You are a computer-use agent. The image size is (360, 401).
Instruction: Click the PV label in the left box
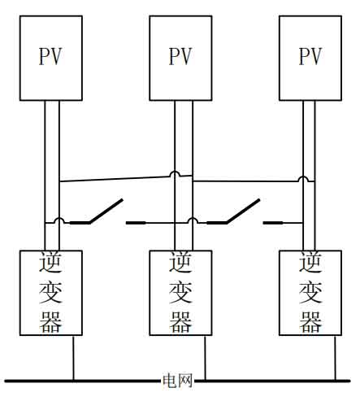[x=50, y=56]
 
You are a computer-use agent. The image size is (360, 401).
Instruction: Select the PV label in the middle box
[x=180, y=56]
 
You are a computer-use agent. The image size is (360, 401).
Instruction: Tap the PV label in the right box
[x=310, y=56]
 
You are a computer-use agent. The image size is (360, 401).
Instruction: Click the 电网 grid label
[x=177, y=381]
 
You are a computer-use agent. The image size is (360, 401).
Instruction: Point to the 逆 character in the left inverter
[x=50, y=262]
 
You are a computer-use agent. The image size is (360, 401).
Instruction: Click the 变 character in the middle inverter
[x=180, y=292]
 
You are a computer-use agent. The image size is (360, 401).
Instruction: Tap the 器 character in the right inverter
[x=310, y=322]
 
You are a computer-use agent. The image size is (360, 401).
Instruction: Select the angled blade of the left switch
[x=106, y=211]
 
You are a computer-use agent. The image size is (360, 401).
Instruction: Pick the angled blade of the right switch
[x=243, y=211]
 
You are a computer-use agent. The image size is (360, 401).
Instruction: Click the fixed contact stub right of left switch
[x=136, y=223]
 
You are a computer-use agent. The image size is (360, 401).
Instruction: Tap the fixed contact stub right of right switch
[x=273, y=223]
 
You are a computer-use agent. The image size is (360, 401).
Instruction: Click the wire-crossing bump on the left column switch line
[x=59, y=220]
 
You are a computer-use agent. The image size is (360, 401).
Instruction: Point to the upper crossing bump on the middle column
[x=175, y=174]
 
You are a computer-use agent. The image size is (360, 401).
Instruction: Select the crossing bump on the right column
[x=303, y=179]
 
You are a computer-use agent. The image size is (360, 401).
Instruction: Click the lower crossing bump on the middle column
[x=193, y=220]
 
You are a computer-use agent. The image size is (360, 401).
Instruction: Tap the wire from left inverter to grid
[x=73, y=358]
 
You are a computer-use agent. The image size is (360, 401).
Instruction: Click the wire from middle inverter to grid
[x=205, y=358]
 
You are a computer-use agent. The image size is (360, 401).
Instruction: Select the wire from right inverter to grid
[x=336, y=358]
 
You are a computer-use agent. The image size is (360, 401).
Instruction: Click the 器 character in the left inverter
[x=50, y=322]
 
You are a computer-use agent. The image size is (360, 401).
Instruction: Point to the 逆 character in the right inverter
[x=310, y=262]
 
